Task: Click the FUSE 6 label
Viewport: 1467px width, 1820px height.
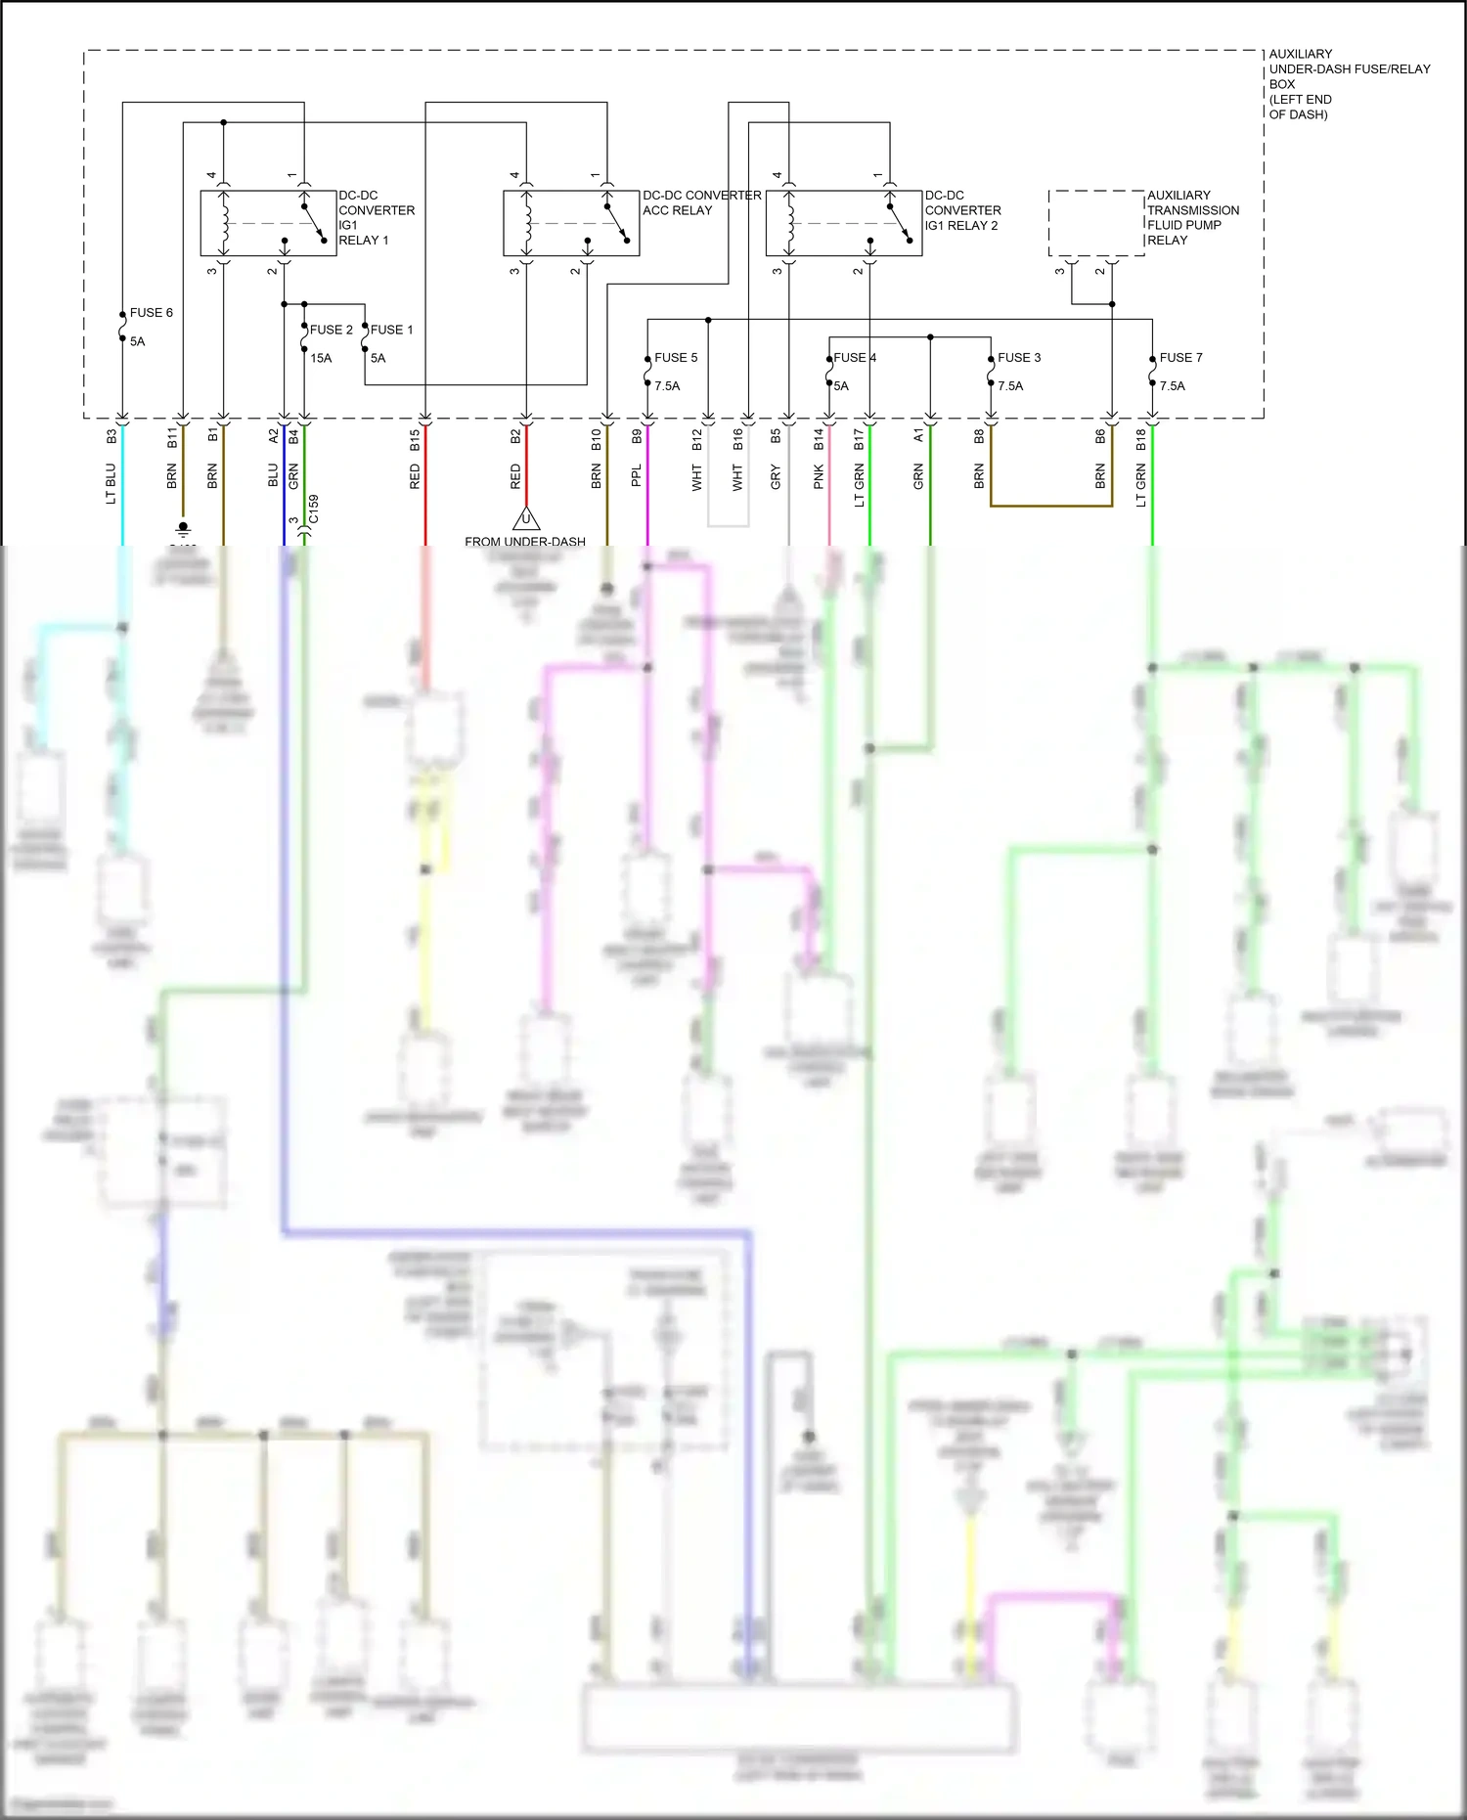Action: click(151, 313)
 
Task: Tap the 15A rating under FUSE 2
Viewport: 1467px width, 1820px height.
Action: click(321, 359)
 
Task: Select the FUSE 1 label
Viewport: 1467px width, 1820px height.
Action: click(391, 331)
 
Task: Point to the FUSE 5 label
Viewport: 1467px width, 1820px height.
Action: click(676, 358)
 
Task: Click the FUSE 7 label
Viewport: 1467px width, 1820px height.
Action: click(1180, 358)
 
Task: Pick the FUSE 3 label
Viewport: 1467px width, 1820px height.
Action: click(1019, 358)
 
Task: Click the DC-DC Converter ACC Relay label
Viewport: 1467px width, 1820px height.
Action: click(701, 202)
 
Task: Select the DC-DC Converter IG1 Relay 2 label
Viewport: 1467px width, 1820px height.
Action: click(962, 210)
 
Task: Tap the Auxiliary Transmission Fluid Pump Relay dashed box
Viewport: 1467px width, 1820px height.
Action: click(1096, 223)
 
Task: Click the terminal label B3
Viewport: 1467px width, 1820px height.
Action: click(111, 436)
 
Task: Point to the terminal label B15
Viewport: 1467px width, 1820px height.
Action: click(415, 440)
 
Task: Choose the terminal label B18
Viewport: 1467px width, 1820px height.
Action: click(1141, 440)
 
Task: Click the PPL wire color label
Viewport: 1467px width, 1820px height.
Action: click(637, 476)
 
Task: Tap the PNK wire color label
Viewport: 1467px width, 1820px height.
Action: click(819, 477)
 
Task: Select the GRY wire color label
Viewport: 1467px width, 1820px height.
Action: click(776, 477)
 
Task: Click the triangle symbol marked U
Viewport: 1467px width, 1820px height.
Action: click(526, 518)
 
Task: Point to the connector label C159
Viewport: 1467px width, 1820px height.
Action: click(314, 510)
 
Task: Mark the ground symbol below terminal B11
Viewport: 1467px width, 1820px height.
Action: click(183, 529)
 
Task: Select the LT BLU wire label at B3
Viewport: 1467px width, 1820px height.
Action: click(111, 484)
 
